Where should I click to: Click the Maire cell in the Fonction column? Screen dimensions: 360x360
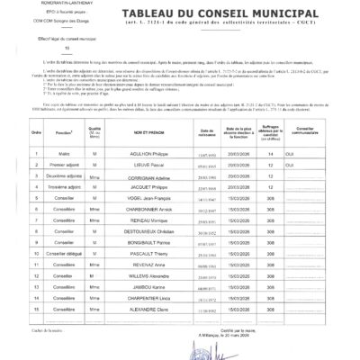[64, 178]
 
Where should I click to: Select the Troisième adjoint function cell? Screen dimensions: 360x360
[64, 217]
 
